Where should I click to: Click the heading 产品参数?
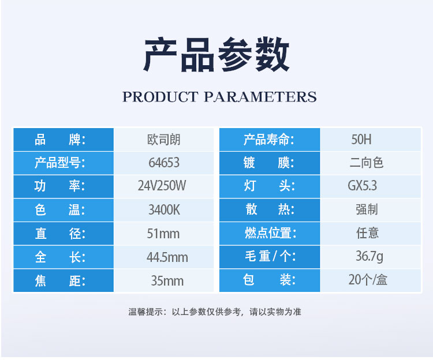216,55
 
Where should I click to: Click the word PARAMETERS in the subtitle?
260,97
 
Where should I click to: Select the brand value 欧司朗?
164,140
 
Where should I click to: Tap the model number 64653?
164,163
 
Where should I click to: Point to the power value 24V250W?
162,186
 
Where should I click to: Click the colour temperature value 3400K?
165,209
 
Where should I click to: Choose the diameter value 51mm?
163,234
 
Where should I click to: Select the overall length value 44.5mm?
167,257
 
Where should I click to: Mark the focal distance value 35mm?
167,281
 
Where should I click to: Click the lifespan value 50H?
361,139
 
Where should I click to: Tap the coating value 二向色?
367,163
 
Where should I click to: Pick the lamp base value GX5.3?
363,186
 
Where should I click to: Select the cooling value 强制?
367,209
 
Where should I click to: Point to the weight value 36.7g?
369,256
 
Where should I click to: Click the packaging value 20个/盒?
368,280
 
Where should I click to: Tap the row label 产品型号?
60,163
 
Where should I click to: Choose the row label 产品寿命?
268,140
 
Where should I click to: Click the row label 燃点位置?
270,233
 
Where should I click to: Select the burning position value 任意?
367,233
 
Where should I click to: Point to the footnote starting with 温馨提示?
215,312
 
